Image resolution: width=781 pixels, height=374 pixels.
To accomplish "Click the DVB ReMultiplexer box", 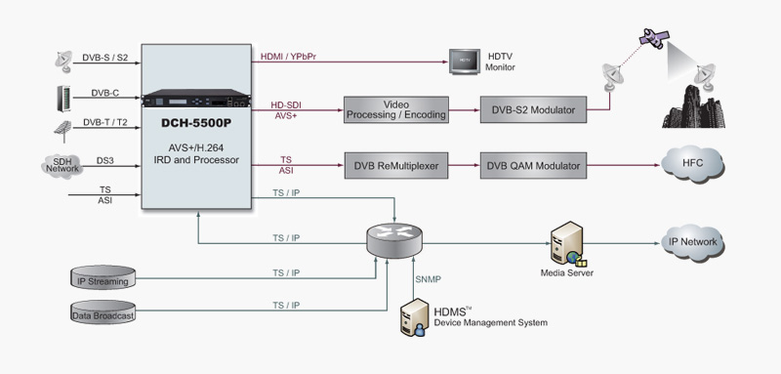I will point(396,167).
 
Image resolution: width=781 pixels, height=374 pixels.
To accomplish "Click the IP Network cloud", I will point(692,241).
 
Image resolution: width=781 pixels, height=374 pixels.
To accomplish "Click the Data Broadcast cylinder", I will point(108,313).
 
